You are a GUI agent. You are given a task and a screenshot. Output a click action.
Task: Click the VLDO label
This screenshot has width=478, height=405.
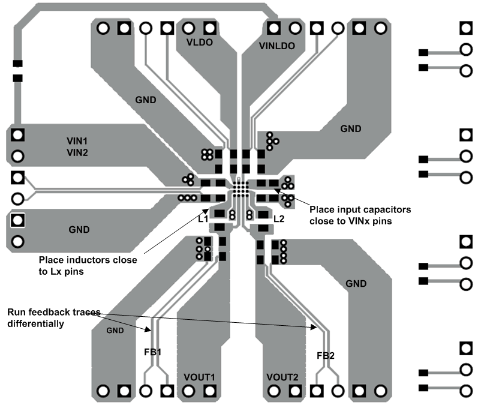pos(200,43)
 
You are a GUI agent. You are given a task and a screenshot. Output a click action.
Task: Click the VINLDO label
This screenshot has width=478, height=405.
pos(278,46)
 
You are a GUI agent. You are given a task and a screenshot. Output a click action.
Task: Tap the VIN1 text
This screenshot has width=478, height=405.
pos(77,140)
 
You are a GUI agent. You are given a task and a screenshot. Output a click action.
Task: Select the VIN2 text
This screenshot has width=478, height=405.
pos(77,152)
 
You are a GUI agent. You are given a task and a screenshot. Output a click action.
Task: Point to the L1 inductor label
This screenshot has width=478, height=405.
pos(203,220)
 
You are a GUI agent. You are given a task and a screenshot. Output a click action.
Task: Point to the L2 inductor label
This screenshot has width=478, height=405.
pos(278,220)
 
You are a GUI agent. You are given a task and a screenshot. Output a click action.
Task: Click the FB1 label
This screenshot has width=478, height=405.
pos(152,352)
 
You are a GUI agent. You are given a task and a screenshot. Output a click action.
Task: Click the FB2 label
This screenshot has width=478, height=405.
pos(325,356)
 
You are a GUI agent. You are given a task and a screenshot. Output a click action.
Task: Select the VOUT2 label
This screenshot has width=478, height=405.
pos(282,377)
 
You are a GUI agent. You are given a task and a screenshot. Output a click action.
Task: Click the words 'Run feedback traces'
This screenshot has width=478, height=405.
pos(53,313)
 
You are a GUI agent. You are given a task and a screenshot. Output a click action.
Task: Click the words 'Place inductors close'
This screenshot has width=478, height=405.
pos(88,260)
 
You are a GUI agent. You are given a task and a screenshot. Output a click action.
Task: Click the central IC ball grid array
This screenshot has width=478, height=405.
pos(240,189)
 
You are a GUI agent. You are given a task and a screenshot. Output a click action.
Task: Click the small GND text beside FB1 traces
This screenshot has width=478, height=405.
pos(116,331)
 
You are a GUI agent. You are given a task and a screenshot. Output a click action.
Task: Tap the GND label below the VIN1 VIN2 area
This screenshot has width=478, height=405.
pos(79,229)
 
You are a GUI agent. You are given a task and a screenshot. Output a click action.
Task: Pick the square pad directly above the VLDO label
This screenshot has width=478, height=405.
pos(209,28)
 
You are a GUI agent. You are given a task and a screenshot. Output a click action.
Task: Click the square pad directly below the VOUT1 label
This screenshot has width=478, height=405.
pos(209,391)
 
